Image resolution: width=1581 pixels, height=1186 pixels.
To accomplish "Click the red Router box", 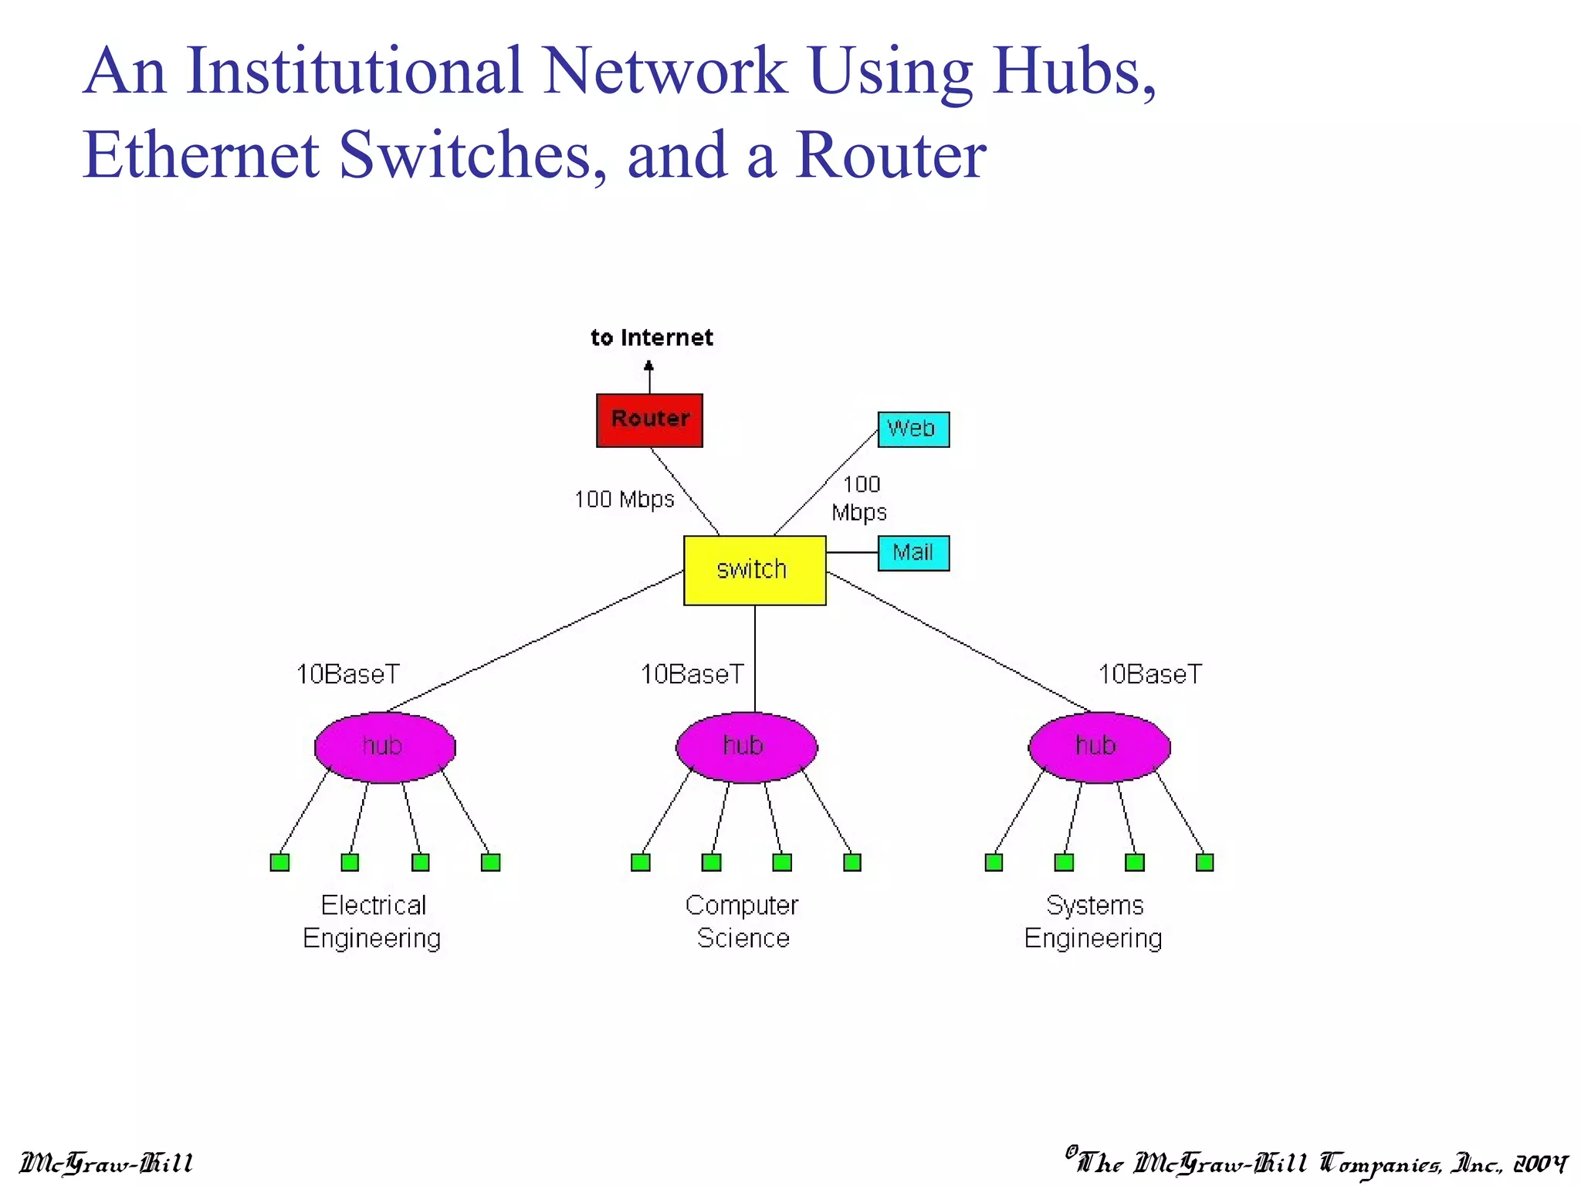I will coord(649,420).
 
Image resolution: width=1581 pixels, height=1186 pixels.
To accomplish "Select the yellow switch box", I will coord(754,570).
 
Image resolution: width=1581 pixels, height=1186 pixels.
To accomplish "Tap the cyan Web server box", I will coord(913,429).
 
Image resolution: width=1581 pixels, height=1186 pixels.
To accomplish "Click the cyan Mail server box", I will coord(913,553).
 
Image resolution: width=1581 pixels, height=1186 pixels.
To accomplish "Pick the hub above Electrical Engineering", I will coord(384,747).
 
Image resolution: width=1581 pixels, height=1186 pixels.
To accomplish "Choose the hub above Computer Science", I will coord(746,747).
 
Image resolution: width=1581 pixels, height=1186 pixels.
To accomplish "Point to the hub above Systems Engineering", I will coord(1099,747).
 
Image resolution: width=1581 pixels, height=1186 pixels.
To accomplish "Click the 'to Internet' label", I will coord(652,337).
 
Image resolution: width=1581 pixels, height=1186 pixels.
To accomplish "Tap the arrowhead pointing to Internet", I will coord(648,367).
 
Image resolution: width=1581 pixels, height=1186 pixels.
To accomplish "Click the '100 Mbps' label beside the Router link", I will coord(624,500).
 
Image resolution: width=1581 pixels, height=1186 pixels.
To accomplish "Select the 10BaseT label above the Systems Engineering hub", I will coord(1149,674).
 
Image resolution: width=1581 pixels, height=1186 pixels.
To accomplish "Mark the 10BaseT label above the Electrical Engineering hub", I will coord(348,674).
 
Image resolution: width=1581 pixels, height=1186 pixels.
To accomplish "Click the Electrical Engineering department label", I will coord(372,921).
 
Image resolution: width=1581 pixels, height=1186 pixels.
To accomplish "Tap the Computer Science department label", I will coord(742,921).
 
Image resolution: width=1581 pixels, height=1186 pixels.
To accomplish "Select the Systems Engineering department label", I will coord(1093,921).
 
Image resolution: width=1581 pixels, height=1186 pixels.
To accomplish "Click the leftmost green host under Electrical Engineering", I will coord(279,862).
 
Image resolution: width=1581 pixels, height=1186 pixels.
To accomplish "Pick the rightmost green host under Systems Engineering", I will coord(1204,862).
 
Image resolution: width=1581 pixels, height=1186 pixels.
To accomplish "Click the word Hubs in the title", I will coord(1074,71).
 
